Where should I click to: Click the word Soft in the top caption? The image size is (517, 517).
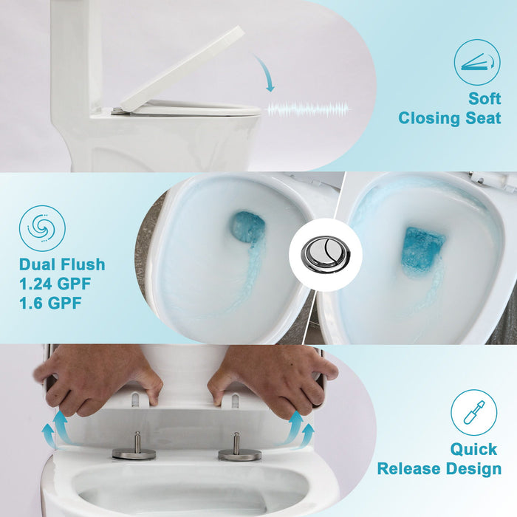pos(485,98)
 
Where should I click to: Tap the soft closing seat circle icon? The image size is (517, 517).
pos(476,62)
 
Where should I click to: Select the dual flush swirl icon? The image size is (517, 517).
pos(42,228)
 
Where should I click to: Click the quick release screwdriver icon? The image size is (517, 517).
pos(474,412)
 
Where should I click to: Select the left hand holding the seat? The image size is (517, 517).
pos(100,377)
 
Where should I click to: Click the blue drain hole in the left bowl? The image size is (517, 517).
pos(248,227)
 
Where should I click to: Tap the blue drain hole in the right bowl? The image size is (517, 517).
pos(423,252)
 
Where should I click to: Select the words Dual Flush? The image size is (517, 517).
pos(62,264)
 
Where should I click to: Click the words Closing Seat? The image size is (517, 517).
pos(450,118)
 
